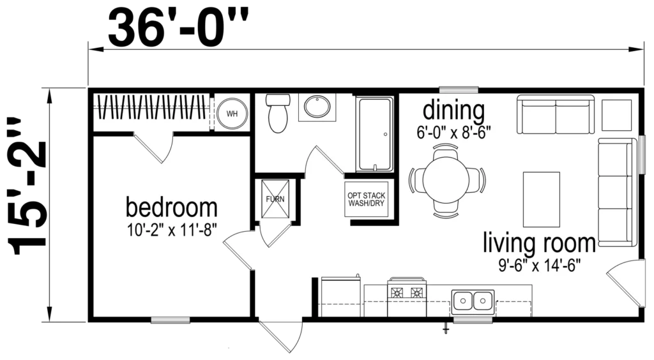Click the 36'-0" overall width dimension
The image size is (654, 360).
click(x=178, y=28)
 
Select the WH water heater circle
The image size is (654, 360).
click(x=232, y=114)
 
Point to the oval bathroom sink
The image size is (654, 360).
click(x=317, y=107)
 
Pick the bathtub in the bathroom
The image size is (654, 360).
click(x=374, y=134)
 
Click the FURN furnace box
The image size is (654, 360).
click(x=275, y=199)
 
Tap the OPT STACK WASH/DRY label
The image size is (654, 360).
click(x=366, y=199)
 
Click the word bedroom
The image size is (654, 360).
click(x=171, y=207)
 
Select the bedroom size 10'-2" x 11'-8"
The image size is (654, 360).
click(x=171, y=230)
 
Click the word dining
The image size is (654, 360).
click(x=453, y=111)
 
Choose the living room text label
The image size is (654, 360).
click(x=539, y=243)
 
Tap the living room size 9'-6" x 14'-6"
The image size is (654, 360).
click(x=539, y=265)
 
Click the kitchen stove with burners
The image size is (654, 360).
click(x=407, y=297)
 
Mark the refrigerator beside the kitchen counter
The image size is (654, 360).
click(x=340, y=297)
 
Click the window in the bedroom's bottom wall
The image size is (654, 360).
click(x=170, y=320)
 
